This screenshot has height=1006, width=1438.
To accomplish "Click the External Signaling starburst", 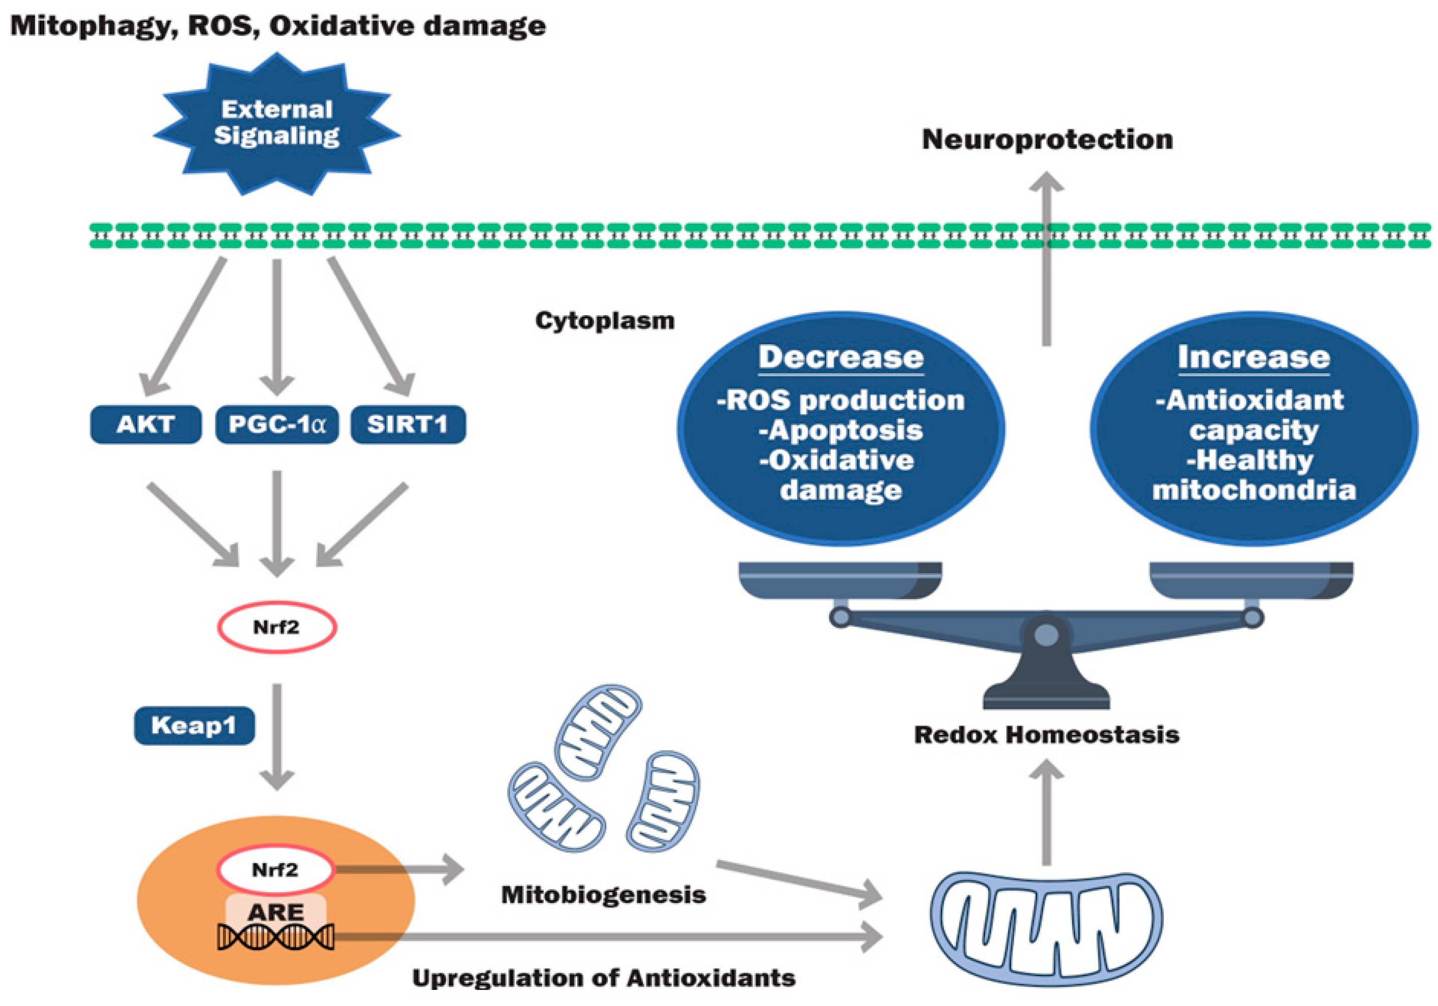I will tap(276, 123).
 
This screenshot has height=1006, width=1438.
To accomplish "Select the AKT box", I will tap(145, 425).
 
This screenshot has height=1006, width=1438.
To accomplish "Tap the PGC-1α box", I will tap(277, 425).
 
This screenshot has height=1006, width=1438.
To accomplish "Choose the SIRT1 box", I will tap(408, 425).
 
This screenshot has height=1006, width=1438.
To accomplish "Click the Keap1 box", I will tap(194, 725).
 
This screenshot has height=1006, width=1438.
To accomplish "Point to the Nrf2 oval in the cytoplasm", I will tap(276, 627).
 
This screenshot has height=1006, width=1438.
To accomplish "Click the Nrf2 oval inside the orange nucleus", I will tap(275, 870).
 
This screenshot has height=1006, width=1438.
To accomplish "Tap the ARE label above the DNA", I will tap(276, 912).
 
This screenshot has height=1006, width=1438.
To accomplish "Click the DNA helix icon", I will tap(276, 938).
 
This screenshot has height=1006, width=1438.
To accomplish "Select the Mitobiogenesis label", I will tap(603, 894).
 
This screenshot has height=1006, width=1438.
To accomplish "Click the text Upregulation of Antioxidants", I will tap(603, 978).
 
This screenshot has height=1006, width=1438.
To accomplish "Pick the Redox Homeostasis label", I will tap(1047, 735).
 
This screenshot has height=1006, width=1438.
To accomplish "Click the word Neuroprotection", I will tap(1047, 139).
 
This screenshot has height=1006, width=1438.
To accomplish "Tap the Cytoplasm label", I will tap(604, 321).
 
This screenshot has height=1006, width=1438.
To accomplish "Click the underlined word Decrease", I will tap(841, 357).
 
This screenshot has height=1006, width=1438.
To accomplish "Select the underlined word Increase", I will tap(1253, 357).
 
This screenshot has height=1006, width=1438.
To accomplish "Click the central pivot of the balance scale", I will tap(1046, 635).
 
